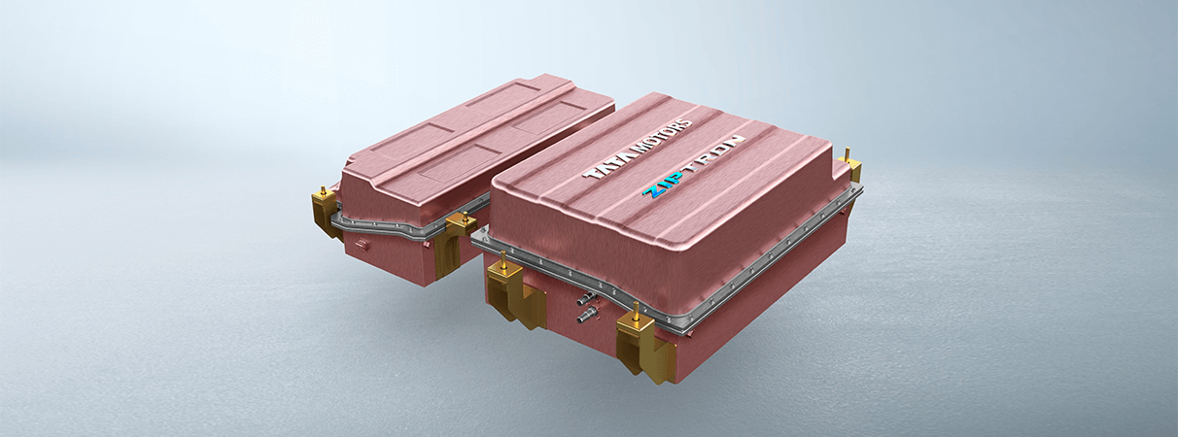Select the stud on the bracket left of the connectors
[503, 259]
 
